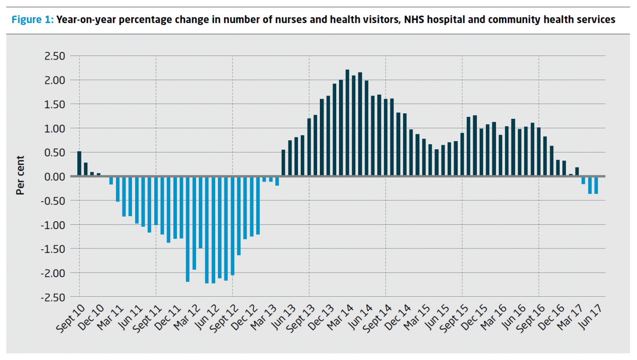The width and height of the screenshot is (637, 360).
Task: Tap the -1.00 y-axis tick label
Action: point(54,225)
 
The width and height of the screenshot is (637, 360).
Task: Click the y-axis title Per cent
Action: point(20,176)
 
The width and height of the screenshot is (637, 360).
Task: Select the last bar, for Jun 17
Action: point(596,185)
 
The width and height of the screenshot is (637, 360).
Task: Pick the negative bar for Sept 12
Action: point(233,226)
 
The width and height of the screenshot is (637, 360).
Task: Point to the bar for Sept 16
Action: point(539,152)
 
